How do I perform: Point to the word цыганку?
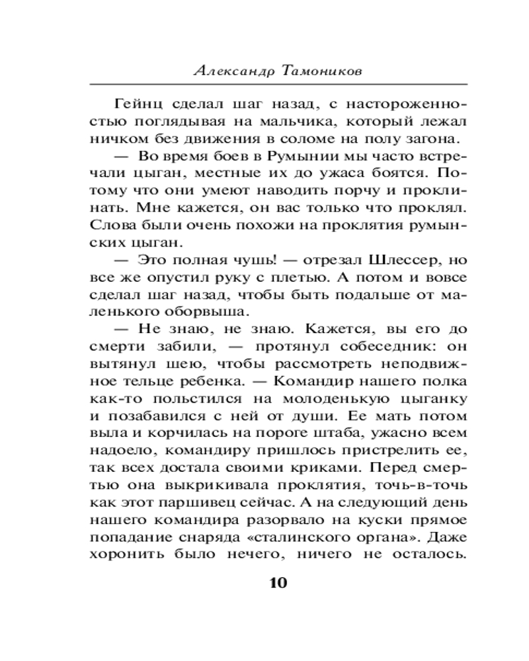[x=431, y=399]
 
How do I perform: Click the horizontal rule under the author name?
[x=278, y=83]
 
